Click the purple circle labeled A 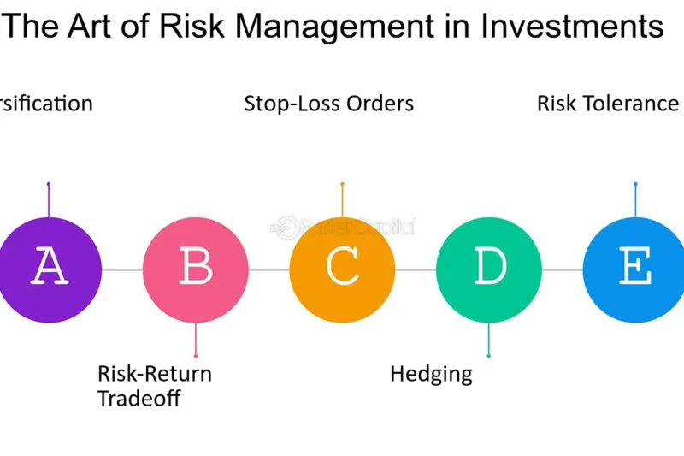[48, 269]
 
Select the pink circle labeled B [196, 269]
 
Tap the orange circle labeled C [342, 269]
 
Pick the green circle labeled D [489, 269]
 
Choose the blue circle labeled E [634, 269]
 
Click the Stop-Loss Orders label [329, 104]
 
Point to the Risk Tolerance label [608, 104]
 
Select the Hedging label [431, 374]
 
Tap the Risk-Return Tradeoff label [154, 386]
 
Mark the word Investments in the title [571, 27]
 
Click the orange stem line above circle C [342, 200]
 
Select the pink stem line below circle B [196, 339]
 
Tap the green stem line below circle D [489, 339]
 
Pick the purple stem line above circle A [49, 200]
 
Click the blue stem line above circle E [635, 200]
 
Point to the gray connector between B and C [269, 270]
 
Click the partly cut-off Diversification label [46, 104]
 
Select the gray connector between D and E [562, 270]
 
